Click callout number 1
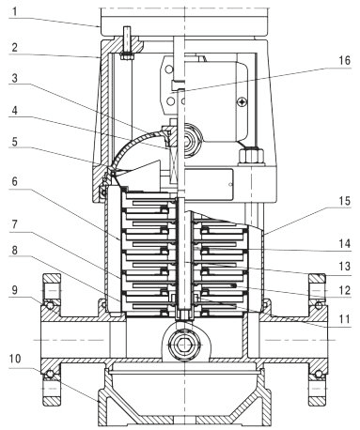click(15, 11)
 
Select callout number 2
click(15, 48)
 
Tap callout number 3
click(15, 78)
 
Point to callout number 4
click(15, 110)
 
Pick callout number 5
click(15, 142)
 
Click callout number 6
click(15, 181)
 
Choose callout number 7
click(15, 224)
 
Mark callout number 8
click(15, 251)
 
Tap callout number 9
click(15, 290)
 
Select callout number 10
click(15, 359)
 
